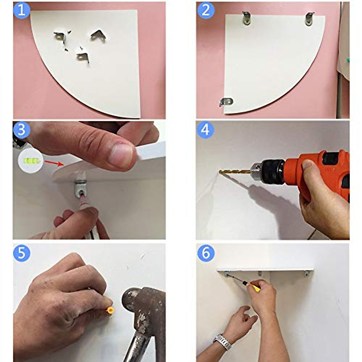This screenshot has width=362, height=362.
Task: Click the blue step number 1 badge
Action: (22, 11)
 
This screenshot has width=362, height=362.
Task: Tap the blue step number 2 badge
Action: (206, 11)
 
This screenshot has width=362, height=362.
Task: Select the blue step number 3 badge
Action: (22, 130)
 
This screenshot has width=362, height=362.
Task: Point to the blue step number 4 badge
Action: (206, 130)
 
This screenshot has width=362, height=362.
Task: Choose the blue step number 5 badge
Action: (22, 253)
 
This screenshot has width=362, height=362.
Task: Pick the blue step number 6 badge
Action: (206, 253)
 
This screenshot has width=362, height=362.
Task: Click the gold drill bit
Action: (235, 172)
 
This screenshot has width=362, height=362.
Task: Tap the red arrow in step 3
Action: (54, 163)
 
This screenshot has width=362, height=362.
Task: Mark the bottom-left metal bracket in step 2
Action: (227, 102)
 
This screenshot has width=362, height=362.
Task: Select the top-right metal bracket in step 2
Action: (310, 19)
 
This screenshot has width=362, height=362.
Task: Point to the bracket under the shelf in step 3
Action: (81, 188)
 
